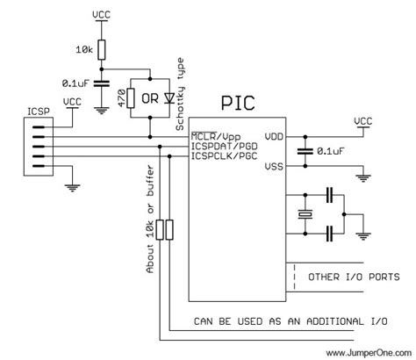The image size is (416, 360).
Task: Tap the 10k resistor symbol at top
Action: (103, 50)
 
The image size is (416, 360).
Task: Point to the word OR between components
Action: (150, 98)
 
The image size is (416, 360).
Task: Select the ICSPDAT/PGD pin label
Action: (223, 147)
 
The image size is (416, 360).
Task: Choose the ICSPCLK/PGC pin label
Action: (223, 156)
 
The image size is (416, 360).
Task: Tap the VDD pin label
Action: (273, 137)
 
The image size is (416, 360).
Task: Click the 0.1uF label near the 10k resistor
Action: (76, 83)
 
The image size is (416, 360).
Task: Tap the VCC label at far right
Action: (362, 119)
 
